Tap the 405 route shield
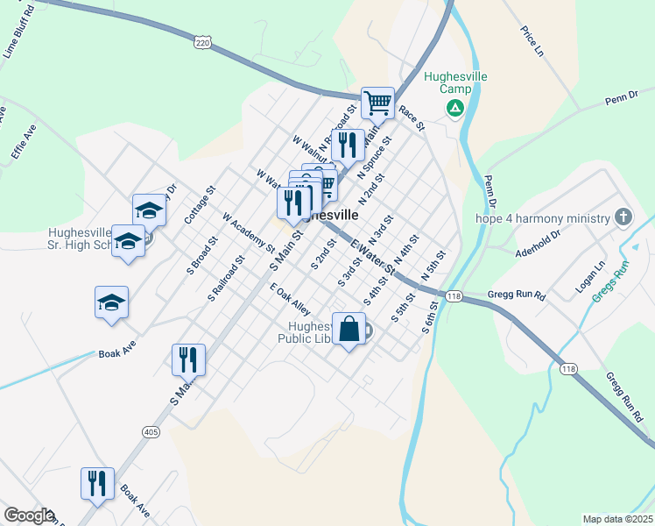tap(150, 431)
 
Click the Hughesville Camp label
tap(454, 82)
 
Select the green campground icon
tap(454, 109)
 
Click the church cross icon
tap(623, 217)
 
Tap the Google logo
tap(28, 515)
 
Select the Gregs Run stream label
tap(610, 281)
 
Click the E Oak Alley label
tap(290, 299)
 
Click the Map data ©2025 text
tap(616, 519)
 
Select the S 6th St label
tap(428, 316)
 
